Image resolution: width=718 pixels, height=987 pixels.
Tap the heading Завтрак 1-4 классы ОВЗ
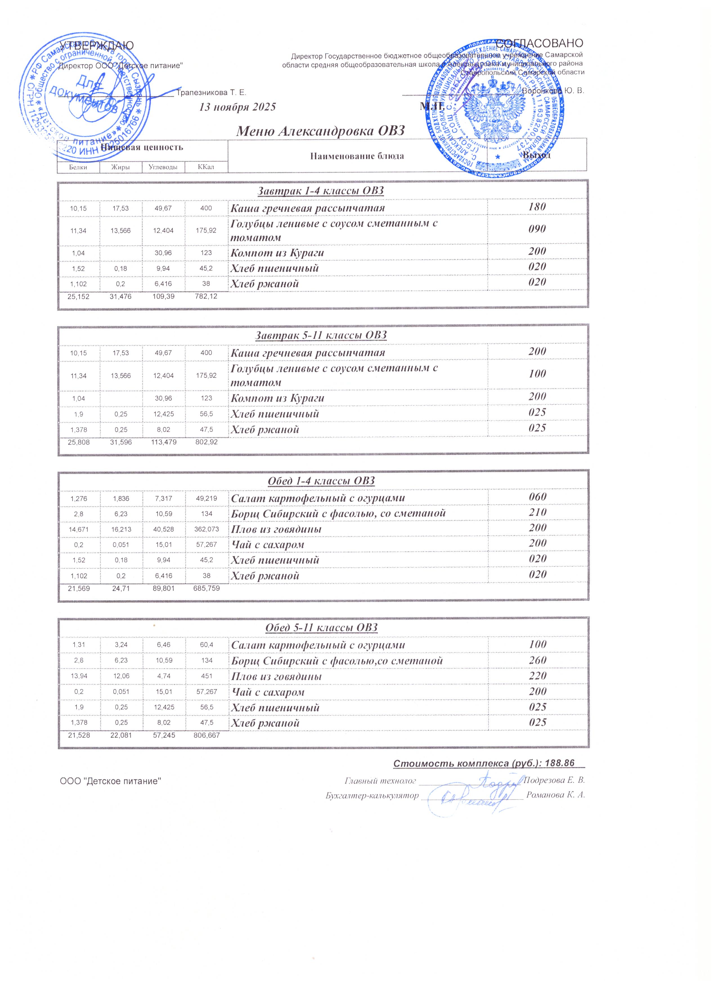point(320,191)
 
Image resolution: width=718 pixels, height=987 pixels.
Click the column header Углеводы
point(163,167)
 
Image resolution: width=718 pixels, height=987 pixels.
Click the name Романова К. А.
point(555,795)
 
